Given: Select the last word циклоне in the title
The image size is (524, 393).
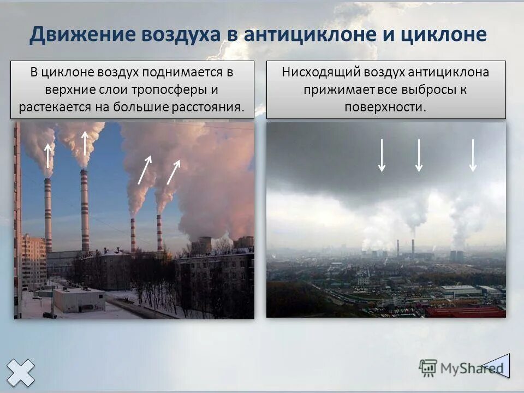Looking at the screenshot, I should coord(443,34).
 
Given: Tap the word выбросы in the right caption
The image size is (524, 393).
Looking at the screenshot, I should coord(424,89).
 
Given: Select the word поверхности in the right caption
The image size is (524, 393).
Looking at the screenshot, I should coord(385,106).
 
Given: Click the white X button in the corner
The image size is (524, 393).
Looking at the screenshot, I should coord(21,372).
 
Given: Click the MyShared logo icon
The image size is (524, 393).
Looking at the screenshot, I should coord(428,367).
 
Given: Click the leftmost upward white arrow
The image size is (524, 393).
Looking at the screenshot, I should coord(48,155).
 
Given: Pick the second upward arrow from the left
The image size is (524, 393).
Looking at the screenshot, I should coord(85,143).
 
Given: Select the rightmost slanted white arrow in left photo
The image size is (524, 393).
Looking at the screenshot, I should coord(174,171).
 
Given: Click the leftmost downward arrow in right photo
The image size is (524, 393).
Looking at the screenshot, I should coord(382,156).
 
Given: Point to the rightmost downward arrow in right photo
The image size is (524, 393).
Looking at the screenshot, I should coord(473,156).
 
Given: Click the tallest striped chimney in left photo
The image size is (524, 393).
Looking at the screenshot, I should coord(85,210).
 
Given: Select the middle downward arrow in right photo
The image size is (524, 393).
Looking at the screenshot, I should coord(419,156).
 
